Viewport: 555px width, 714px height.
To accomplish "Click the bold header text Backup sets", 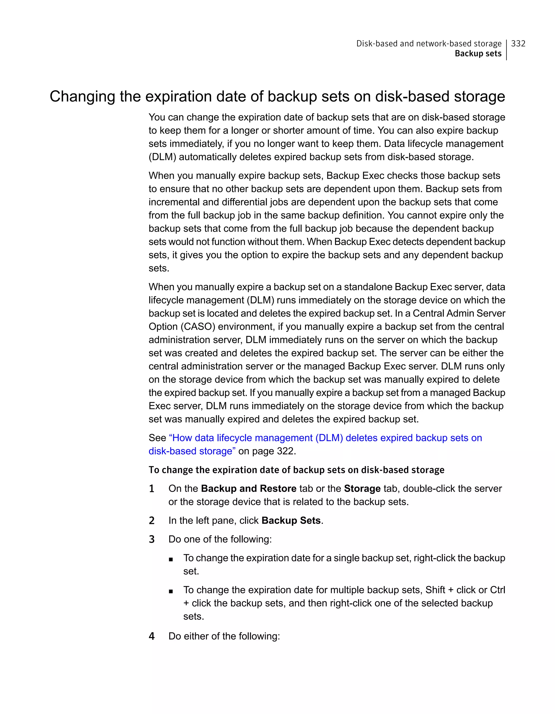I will click(478, 54).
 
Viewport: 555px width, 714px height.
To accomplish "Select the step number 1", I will click(151, 489).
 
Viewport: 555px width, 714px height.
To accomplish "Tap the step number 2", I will click(151, 520).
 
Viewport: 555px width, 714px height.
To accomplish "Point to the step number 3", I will click(151, 539).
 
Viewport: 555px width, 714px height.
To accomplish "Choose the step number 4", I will click(151, 636).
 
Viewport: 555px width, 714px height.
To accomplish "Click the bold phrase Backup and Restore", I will click(249, 488).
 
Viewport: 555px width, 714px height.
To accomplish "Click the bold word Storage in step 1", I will click(362, 488).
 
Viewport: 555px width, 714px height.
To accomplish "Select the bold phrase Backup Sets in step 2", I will click(291, 520).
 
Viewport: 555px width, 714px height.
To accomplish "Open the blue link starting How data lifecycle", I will click(325, 438).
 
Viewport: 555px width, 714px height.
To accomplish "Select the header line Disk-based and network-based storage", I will click(429, 43).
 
